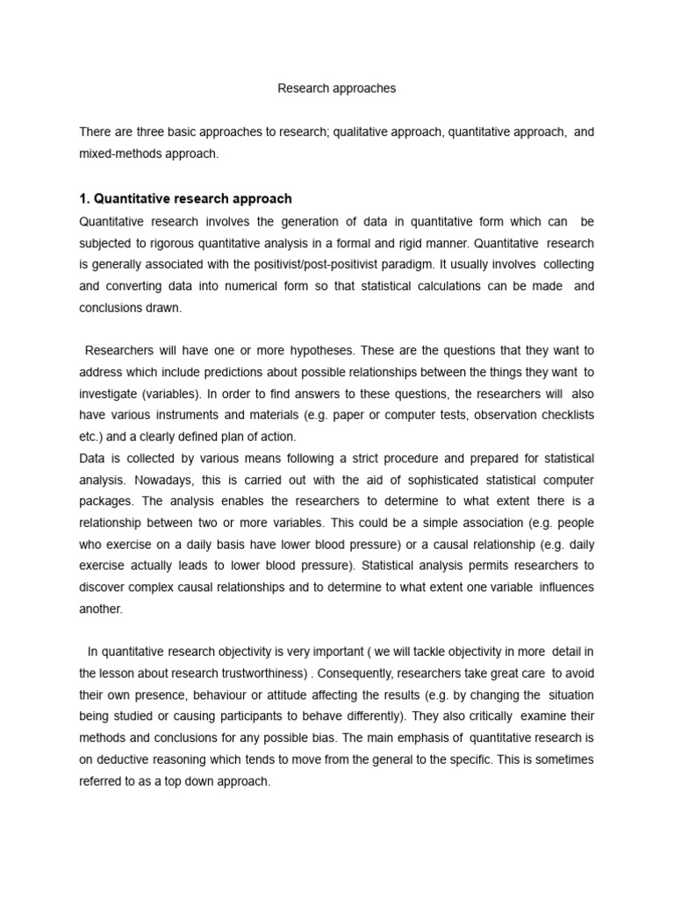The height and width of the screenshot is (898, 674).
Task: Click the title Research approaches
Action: pos(337,89)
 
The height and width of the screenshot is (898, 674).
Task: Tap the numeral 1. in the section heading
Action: pos(84,199)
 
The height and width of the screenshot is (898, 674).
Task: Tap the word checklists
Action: pos(563,416)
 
